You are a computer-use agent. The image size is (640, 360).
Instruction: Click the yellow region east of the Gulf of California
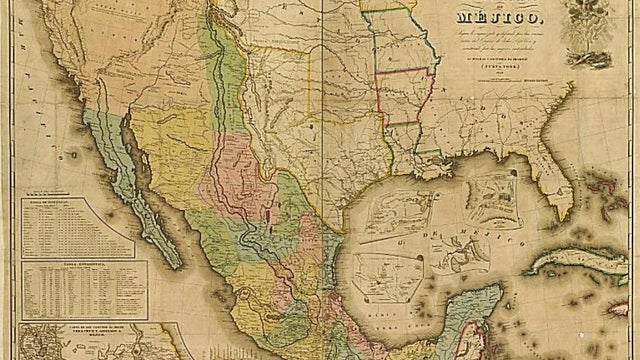(170, 150)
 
